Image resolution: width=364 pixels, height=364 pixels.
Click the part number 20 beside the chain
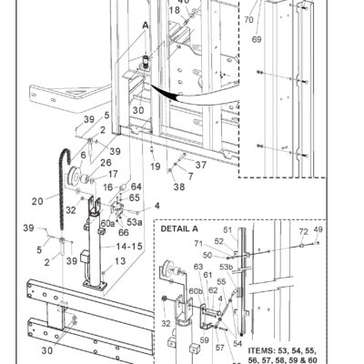pyautogui.click(x=37, y=201)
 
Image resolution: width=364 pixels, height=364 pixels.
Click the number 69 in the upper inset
pyautogui.click(x=257, y=41)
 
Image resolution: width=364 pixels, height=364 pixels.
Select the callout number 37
pyautogui.click(x=201, y=166)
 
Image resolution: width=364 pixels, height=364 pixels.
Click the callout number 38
pyautogui.click(x=178, y=187)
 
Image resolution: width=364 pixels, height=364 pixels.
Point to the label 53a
pyautogui.click(x=134, y=220)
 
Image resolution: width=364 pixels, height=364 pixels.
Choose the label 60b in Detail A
pyautogui.click(x=196, y=291)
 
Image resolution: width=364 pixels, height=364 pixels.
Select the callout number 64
pyautogui.click(x=135, y=186)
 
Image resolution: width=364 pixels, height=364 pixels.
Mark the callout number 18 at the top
pyautogui.click(x=174, y=10)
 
